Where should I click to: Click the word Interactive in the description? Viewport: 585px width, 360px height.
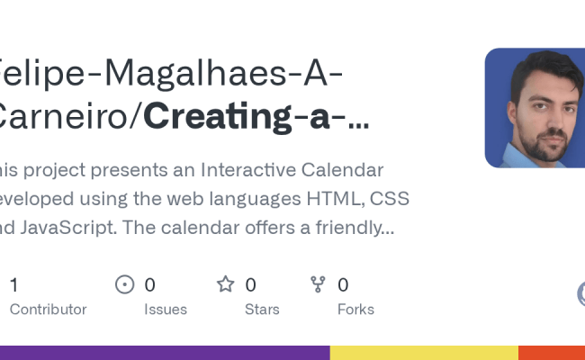(244, 170)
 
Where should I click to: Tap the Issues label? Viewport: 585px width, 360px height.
(166, 309)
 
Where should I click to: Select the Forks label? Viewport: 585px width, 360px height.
(355, 309)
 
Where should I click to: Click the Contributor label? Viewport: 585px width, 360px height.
(48, 309)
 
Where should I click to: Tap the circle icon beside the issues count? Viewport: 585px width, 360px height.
(125, 285)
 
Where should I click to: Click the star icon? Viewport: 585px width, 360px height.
(226, 285)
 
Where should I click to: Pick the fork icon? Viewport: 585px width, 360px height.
(318, 285)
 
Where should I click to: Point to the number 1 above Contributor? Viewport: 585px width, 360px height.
(13, 285)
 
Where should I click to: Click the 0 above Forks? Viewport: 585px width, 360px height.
(343, 285)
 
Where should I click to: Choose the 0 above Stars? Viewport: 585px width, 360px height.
(250, 285)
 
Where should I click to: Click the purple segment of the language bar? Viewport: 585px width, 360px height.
(162, 353)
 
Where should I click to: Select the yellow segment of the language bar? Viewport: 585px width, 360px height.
(424, 353)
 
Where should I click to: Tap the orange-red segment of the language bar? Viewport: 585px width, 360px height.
(552, 353)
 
